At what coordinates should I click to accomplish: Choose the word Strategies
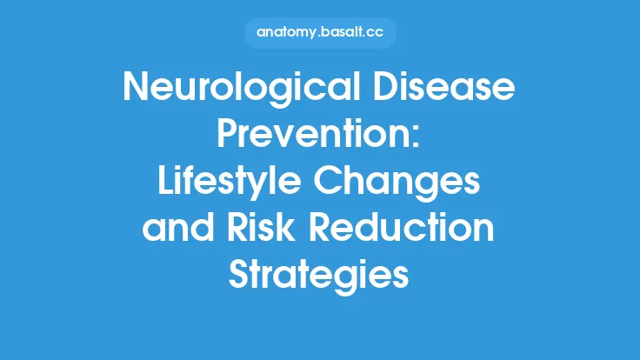pyautogui.click(x=319, y=276)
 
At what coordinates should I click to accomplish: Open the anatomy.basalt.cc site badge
pyautogui.click(x=319, y=34)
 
